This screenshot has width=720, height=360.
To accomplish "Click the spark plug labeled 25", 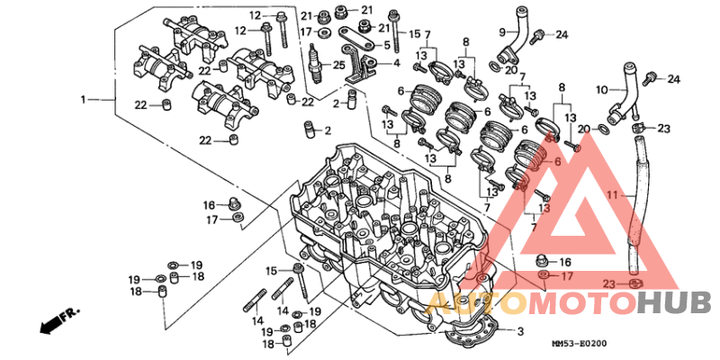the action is tap(316, 63).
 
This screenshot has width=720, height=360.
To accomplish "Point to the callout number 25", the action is tap(338, 66).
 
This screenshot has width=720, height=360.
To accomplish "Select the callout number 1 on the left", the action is tap(83, 99).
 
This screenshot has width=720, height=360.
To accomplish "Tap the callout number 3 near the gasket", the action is tap(520, 330).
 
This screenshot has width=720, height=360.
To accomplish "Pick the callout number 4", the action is tap(396, 63).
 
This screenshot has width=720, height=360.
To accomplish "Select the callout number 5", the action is tap(387, 46).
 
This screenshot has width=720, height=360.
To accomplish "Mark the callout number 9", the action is tap(502, 32).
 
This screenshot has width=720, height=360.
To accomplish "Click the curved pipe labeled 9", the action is tap(515, 39).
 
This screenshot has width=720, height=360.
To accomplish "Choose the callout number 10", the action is tap(602, 89).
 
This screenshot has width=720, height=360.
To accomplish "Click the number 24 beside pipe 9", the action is tap(562, 34).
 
